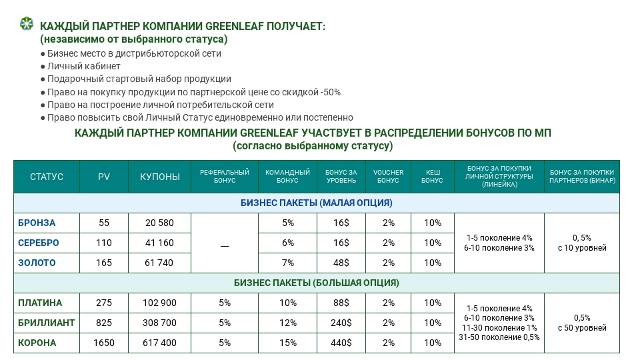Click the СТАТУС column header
pos(47,177)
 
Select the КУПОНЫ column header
pos(159,177)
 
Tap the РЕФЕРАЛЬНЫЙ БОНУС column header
pos(225,177)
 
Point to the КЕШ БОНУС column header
pos(433,177)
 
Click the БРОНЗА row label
pos(37,223)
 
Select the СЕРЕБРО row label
pos(39,243)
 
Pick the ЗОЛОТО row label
pos(37,263)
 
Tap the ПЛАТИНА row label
pos(40,303)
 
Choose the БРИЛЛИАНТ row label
pos(46,323)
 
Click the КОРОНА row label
pos(37,343)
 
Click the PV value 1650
pos(104,343)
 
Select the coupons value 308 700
pos(159,323)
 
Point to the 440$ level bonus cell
pos(341,343)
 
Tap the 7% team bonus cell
pos(287,263)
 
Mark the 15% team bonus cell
pos(287,343)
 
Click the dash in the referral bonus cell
pos(225,244)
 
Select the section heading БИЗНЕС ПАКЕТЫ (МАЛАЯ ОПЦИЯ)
pos(316,203)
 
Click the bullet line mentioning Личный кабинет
pos(84,66)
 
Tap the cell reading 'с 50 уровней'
pos(582,328)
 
